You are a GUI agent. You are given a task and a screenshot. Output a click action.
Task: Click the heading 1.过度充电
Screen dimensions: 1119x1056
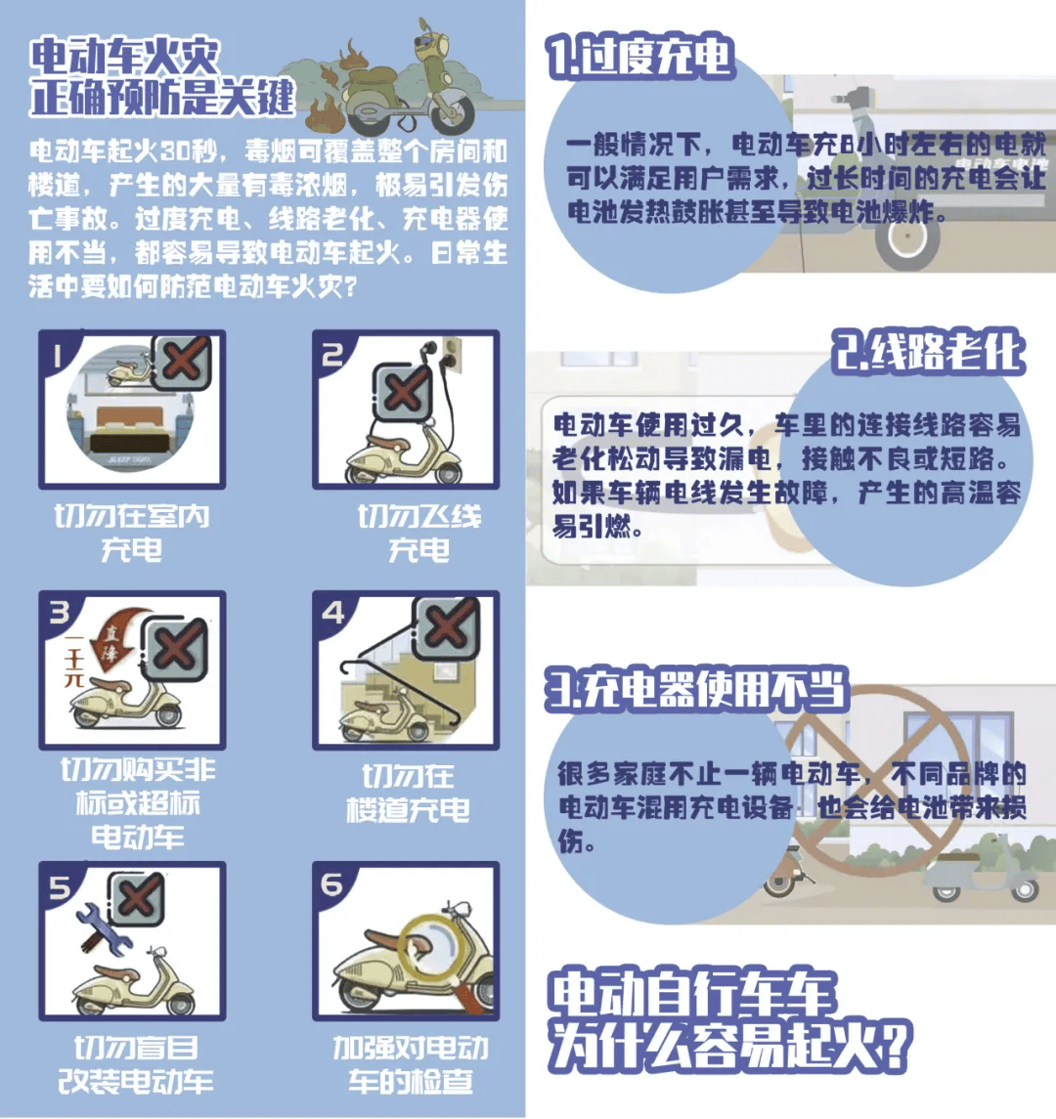click(640, 58)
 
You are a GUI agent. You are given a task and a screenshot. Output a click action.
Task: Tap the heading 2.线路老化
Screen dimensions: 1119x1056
click(928, 351)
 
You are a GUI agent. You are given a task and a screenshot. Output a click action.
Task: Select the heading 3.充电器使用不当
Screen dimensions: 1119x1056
click(696, 689)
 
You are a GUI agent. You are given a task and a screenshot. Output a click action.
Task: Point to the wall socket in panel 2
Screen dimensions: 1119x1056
click(451, 350)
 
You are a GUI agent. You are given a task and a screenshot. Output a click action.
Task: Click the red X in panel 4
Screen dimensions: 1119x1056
click(446, 624)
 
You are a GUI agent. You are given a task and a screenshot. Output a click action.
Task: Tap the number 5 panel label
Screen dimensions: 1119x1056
click(60, 886)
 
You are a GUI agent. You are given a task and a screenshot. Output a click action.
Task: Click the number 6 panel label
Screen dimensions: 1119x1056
click(332, 884)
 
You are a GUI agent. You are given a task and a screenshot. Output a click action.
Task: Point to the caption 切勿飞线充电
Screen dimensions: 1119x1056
click(418, 533)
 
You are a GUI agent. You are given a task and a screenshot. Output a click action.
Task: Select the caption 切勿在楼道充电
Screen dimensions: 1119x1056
click(408, 793)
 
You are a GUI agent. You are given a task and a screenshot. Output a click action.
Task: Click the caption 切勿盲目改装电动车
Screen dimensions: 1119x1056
click(135, 1064)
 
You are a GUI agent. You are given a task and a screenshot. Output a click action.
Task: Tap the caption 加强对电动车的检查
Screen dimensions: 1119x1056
click(410, 1064)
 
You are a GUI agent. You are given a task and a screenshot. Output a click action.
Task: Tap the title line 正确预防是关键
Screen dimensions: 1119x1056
click(161, 98)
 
